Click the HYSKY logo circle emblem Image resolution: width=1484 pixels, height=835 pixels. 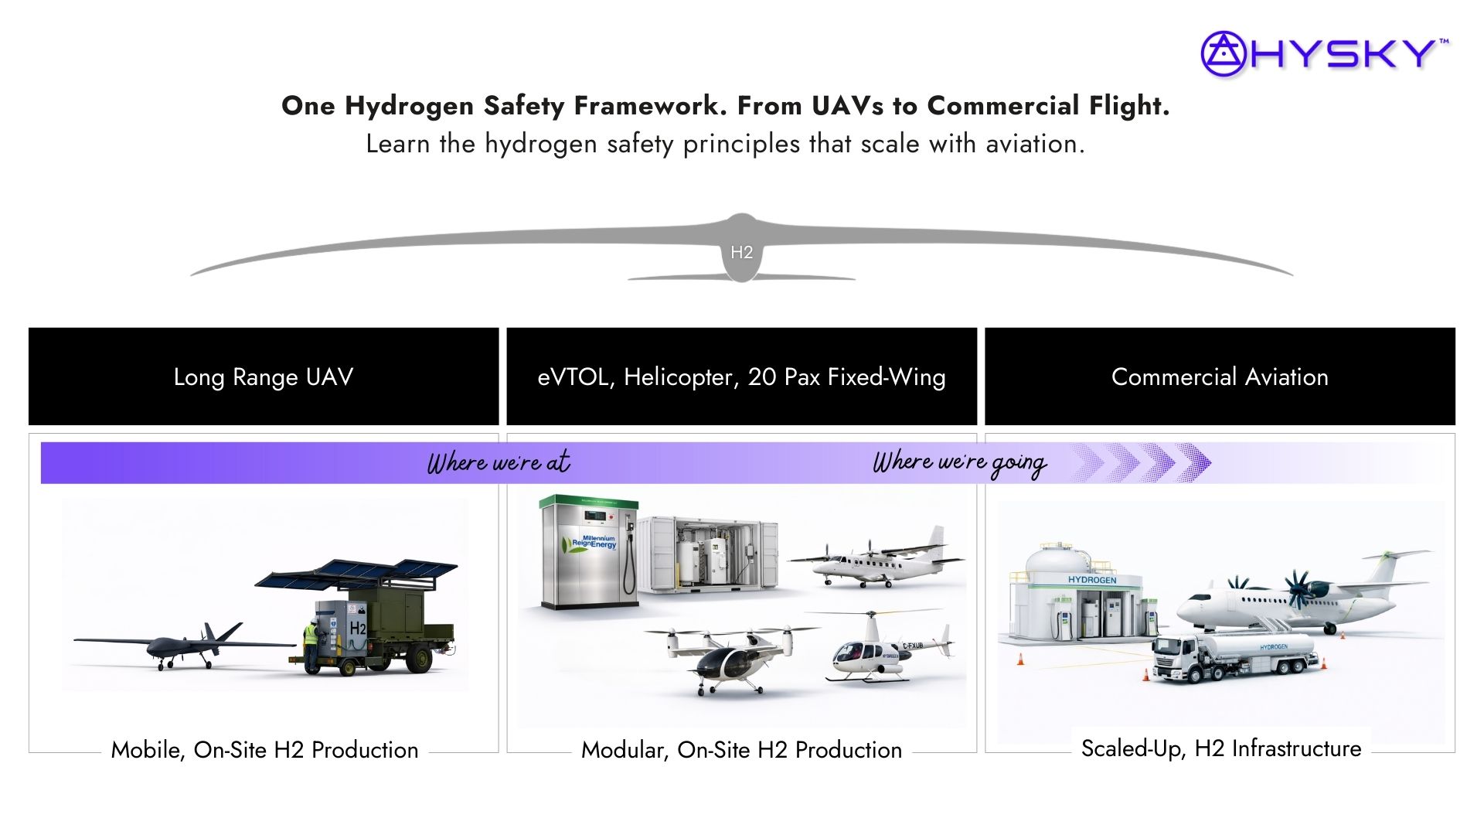click(x=1223, y=53)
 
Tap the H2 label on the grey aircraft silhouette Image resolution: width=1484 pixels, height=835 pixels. click(x=741, y=252)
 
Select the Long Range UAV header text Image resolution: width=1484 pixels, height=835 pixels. click(x=264, y=377)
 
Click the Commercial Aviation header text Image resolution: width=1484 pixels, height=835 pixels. click(x=1220, y=377)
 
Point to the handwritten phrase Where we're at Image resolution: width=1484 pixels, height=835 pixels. click(x=499, y=462)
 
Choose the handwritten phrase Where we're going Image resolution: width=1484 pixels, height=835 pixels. click(x=959, y=462)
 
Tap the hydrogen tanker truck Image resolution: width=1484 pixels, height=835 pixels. click(x=1235, y=656)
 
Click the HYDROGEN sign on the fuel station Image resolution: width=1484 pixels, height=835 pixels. click(x=1092, y=580)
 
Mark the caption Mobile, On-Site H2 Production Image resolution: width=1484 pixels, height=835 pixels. click(x=264, y=749)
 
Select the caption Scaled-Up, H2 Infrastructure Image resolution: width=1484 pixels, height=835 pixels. click(x=1221, y=748)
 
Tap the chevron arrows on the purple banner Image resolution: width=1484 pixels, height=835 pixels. click(x=1141, y=462)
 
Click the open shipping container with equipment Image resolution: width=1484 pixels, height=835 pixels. click(x=711, y=553)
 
